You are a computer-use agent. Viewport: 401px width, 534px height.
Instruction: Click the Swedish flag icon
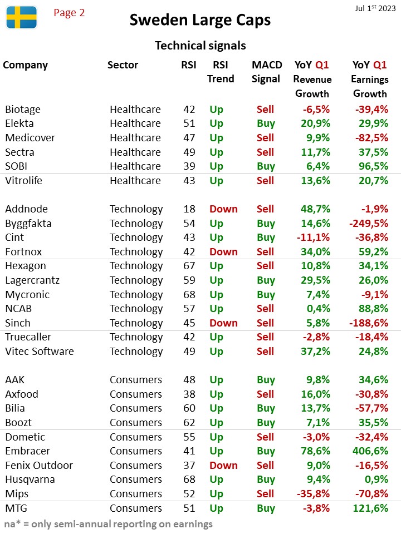pyautogui.click(x=22, y=17)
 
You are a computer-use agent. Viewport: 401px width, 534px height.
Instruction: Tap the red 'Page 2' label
pyautogui.click(x=69, y=13)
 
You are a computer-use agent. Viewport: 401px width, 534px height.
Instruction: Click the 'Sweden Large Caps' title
pyautogui.click(x=200, y=20)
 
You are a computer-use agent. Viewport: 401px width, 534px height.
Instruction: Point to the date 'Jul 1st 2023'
pyautogui.click(x=375, y=8)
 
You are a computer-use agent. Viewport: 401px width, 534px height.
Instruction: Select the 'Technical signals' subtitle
pyautogui.click(x=200, y=45)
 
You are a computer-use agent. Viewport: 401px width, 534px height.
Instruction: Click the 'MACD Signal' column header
pyautogui.click(x=267, y=72)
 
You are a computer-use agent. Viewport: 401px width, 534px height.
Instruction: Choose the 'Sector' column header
pyautogui.click(x=123, y=65)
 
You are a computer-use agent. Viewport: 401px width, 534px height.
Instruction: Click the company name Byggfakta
pyautogui.click(x=28, y=224)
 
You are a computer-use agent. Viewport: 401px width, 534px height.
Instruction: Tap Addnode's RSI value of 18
pyautogui.click(x=189, y=209)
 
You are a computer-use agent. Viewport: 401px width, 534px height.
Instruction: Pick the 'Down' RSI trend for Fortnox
pyautogui.click(x=223, y=251)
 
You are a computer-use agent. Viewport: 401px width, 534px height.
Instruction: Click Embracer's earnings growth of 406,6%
pyautogui.click(x=370, y=451)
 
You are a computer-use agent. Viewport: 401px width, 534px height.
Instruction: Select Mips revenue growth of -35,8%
pyautogui.click(x=313, y=493)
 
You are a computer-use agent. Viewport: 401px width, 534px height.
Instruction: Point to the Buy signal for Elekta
pyautogui.click(x=266, y=123)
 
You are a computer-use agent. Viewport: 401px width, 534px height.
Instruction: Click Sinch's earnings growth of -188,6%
pyautogui.click(x=369, y=323)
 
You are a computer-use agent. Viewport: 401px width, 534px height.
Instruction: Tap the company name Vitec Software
pyautogui.click(x=40, y=351)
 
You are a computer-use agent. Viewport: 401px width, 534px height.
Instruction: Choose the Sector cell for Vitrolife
pyautogui.click(x=135, y=180)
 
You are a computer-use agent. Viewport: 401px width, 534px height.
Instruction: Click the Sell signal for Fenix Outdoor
pyautogui.click(x=265, y=465)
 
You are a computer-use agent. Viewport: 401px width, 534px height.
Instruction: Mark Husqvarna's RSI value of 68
pyautogui.click(x=189, y=479)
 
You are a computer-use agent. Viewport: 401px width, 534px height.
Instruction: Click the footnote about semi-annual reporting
pyautogui.click(x=109, y=524)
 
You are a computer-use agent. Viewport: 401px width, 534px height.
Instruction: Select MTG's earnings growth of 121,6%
pyautogui.click(x=370, y=508)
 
